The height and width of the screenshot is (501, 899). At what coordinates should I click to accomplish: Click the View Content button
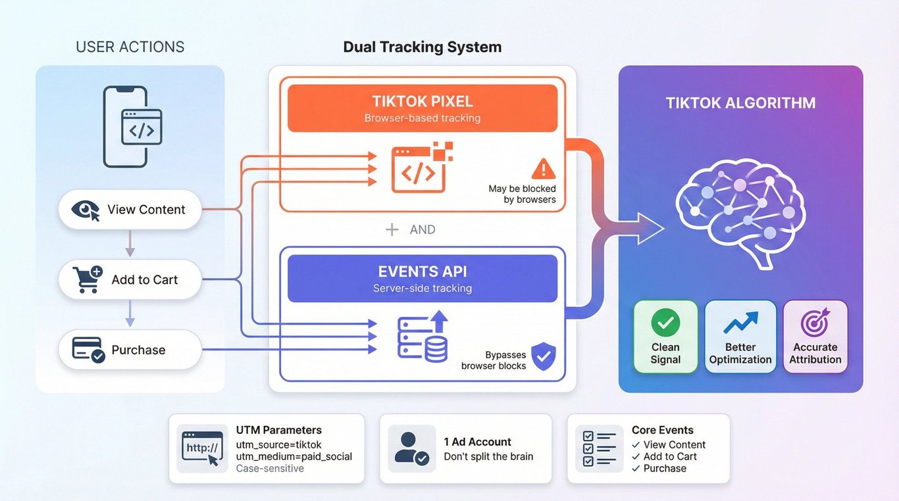(x=130, y=210)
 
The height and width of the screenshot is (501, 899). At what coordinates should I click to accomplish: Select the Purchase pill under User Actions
(x=130, y=350)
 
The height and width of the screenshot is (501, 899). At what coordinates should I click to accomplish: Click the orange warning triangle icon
(x=543, y=169)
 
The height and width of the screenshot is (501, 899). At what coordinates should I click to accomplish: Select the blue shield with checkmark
(x=543, y=356)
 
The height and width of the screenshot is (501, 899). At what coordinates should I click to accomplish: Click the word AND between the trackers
(x=422, y=229)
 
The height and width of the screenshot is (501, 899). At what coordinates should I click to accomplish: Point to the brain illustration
(x=740, y=208)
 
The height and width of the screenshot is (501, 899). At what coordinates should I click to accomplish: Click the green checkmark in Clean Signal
(x=665, y=323)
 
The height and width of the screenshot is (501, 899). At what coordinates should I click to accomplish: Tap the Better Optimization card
(x=740, y=337)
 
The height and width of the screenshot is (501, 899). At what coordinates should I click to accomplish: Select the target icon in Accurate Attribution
(x=815, y=323)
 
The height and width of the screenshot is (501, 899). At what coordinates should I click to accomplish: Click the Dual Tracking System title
(x=422, y=47)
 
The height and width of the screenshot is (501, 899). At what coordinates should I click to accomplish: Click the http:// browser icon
(x=202, y=449)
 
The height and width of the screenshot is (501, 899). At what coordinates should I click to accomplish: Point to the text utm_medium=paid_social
(x=294, y=456)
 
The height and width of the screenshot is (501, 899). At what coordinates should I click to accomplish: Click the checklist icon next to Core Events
(x=599, y=448)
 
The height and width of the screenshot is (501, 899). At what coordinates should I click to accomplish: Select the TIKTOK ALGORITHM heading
(x=740, y=103)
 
